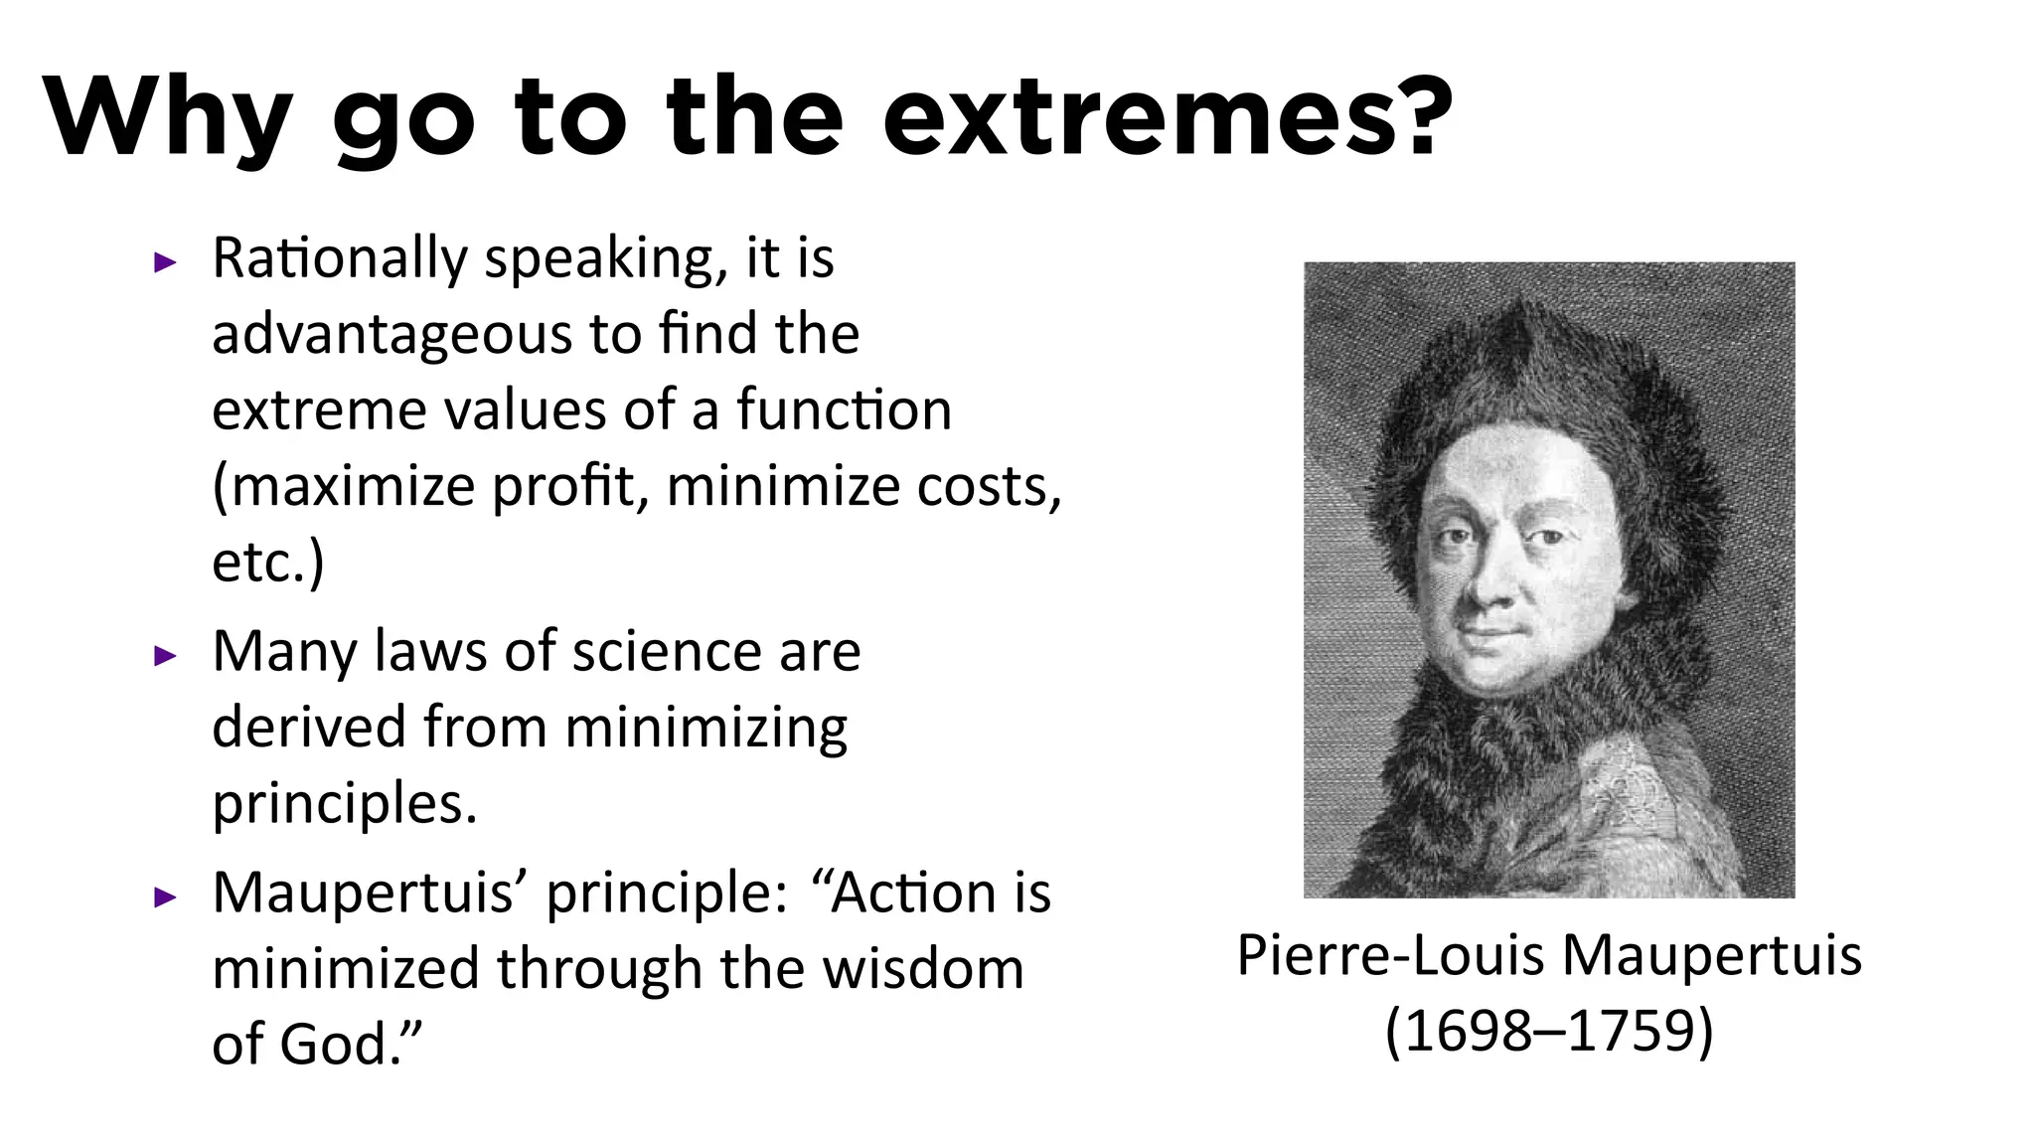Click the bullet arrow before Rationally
click(165, 263)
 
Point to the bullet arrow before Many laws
click(165, 656)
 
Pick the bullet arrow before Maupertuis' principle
click(165, 898)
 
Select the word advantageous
click(391, 336)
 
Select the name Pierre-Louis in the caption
click(1392, 956)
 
